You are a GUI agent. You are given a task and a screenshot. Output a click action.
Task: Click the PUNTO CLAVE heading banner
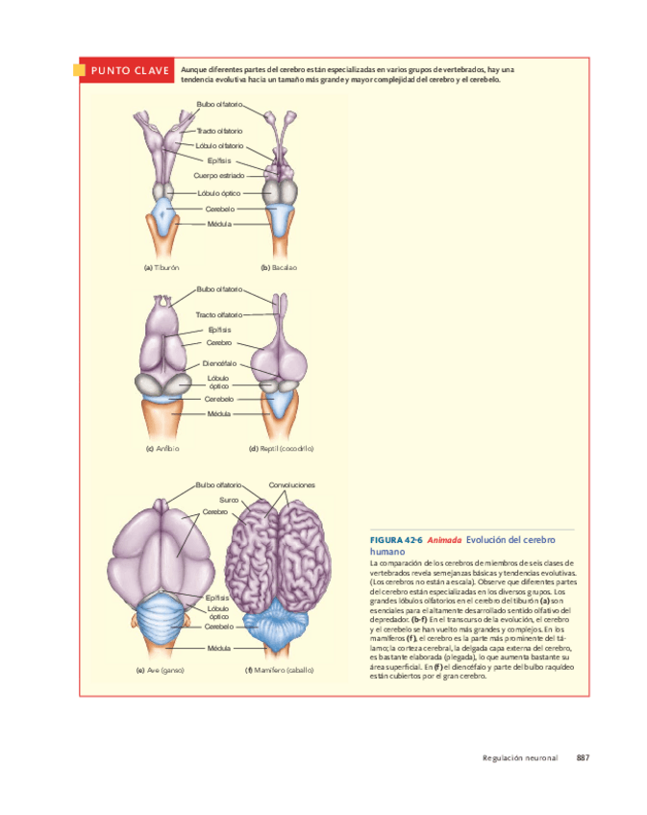[x=130, y=71]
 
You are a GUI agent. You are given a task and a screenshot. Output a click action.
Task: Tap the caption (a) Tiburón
[x=162, y=267]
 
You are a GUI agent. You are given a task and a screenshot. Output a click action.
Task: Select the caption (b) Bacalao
[x=278, y=267]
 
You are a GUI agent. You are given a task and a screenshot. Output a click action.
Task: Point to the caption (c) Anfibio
[x=162, y=449]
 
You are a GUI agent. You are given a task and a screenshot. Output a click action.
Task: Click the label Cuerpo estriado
[x=218, y=176]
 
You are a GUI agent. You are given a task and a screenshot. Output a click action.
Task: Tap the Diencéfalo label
[x=219, y=363]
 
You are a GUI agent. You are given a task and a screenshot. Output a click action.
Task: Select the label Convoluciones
[x=291, y=485]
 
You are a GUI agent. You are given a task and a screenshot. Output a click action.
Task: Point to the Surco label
[x=229, y=500]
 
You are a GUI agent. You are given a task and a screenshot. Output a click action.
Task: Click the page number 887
[x=583, y=758]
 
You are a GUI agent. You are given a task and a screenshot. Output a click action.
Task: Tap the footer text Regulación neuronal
[x=520, y=758]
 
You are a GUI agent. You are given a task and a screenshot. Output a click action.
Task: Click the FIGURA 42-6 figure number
[x=396, y=540]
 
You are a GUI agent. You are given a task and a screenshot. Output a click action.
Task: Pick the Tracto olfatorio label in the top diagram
[x=219, y=131]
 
